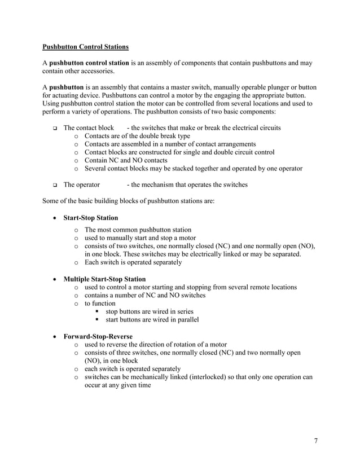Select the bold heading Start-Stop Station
tap(91, 217)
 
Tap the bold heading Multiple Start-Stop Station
tap(104, 279)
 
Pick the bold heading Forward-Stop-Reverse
tap(98, 336)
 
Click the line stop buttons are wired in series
tap(150, 311)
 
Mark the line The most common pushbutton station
tap(138, 230)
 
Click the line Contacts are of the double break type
tap(137, 136)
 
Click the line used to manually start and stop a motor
tap(141, 238)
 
